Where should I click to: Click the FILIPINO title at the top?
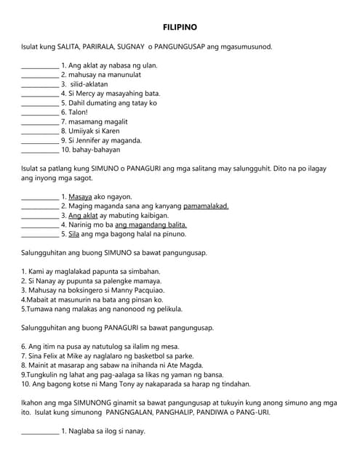tap(180, 28)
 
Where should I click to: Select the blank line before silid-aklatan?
tap(40, 84)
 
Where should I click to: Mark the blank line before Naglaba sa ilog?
tap(40, 432)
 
